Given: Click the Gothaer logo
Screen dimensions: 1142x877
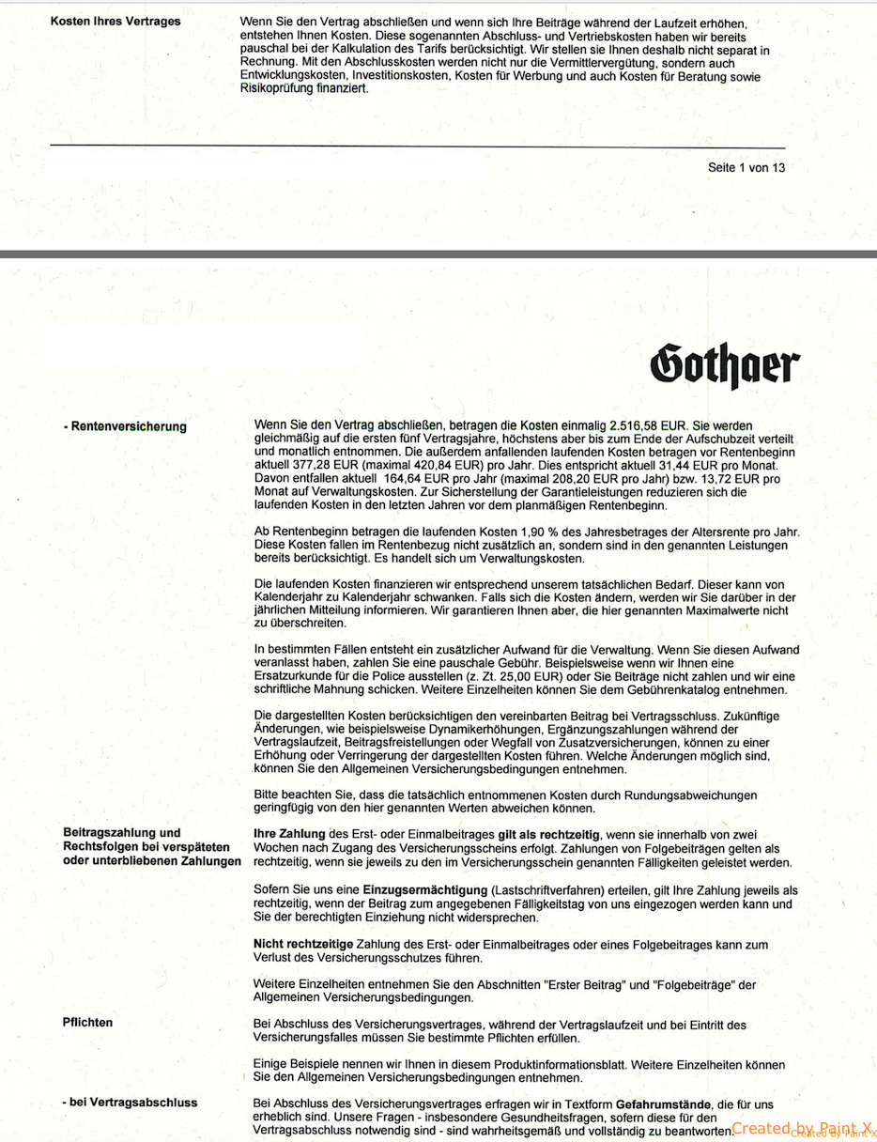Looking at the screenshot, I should (x=725, y=363).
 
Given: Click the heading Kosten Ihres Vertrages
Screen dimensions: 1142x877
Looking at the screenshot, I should (x=115, y=21).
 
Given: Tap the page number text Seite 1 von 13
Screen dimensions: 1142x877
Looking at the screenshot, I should (x=746, y=168).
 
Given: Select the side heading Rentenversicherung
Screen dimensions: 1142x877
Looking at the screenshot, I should (x=126, y=426).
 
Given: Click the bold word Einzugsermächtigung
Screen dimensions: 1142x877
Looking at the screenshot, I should (x=424, y=889).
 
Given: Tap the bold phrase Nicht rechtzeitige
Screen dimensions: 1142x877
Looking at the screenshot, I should (x=303, y=944).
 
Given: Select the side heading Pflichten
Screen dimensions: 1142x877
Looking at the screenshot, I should (x=87, y=1022).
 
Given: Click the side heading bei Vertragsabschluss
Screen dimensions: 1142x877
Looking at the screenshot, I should (x=131, y=1103).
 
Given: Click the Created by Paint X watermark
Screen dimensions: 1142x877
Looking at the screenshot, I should (x=803, y=1129).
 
